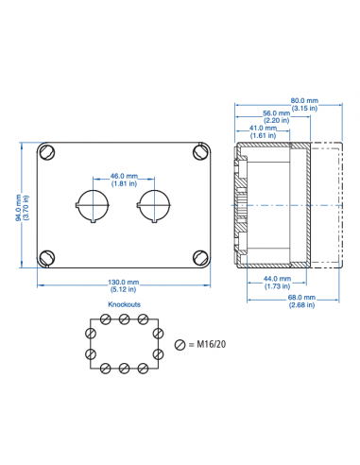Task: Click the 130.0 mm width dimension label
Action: point(124,282)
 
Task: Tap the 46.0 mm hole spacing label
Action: point(124,176)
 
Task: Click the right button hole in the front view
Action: point(154,204)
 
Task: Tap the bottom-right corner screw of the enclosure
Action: point(199,257)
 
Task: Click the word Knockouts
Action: point(124,306)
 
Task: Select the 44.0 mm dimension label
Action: point(276,279)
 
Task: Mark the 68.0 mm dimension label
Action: point(302,299)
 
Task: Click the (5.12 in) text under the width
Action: point(124,289)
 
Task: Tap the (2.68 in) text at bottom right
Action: point(302,306)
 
